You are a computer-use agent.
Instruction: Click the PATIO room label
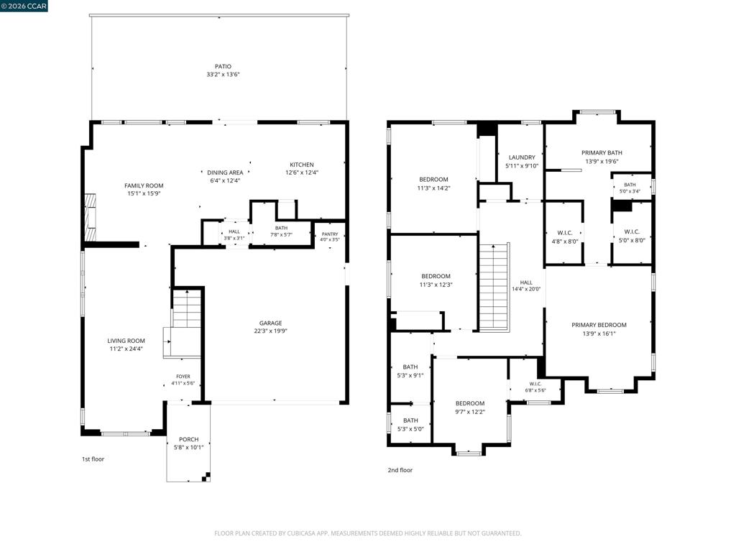click(223, 67)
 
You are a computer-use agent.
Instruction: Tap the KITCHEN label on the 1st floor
click(302, 165)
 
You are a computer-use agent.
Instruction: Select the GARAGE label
click(271, 323)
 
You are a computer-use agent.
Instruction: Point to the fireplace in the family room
click(90, 218)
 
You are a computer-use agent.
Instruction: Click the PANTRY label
click(330, 234)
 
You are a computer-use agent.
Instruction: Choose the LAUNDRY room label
click(522, 157)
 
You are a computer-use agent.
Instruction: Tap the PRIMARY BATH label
click(602, 152)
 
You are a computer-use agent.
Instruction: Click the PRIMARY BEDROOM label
click(599, 325)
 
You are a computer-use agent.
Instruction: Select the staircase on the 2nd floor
click(494, 287)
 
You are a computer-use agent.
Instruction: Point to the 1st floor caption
click(93, 459)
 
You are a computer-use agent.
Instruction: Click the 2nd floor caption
click(400, 470)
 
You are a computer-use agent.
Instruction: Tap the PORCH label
click(189, 439)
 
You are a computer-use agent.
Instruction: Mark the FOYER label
click(183, 377)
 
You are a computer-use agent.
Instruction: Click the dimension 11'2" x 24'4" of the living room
click(126, 349)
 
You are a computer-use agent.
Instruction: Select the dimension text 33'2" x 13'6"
click(223, 75)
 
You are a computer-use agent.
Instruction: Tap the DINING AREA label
click(225, 172)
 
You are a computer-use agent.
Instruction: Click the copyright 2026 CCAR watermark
click(24, 6)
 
